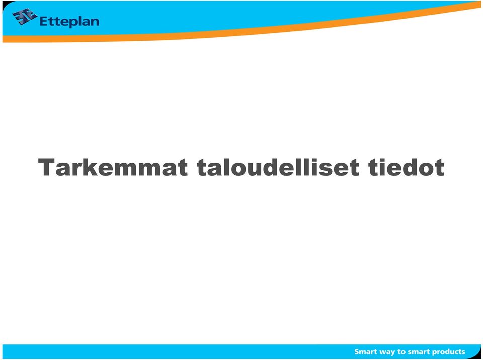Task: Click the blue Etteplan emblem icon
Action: point(25,16)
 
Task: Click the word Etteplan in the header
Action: point(69,22)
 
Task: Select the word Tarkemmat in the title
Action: point(113,167)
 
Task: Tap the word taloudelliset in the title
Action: point(278,167)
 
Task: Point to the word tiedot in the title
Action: point(407,167)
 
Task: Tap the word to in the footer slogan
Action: point(401,352)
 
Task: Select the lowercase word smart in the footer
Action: point(419,352)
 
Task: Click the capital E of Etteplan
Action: point(44,22)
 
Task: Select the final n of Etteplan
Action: point(95,23)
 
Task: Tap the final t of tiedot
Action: point(439,168)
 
